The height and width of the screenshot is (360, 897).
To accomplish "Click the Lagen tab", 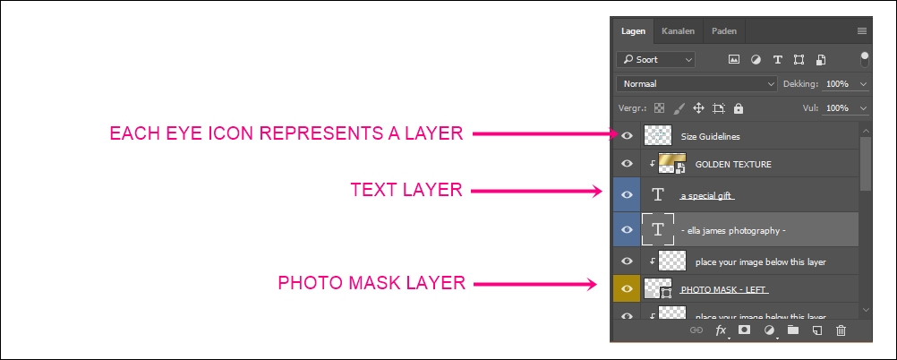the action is tap(633, 31).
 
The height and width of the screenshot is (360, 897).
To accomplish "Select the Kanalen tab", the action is tap(678, 31).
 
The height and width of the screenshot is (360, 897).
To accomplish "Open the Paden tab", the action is tap(724, 31).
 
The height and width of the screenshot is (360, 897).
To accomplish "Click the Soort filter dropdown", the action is tap(656, 60).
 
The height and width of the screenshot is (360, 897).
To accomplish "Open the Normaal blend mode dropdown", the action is tap(696, 83).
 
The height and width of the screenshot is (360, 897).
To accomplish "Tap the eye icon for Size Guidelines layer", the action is tap(628, 136).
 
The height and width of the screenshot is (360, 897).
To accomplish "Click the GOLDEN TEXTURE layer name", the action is tap(733, 164).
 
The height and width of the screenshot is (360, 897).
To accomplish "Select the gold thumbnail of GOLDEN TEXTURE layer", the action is tap(671, 163).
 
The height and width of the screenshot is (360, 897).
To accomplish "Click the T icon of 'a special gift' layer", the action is tap(659, 194).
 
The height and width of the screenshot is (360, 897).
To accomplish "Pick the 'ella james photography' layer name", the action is tap(733, 230).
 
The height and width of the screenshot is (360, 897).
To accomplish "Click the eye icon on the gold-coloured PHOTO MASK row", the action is tap(628, 289).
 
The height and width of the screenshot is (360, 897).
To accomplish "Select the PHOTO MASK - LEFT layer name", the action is tap(725, 289).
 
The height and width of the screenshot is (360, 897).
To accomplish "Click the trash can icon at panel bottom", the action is tap(841, 330).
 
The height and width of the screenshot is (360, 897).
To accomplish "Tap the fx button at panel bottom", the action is tap(721, 330).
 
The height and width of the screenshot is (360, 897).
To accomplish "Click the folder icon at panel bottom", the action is tap(792, 330).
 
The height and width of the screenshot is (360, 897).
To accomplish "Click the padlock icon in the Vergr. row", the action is tap(738, 108).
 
